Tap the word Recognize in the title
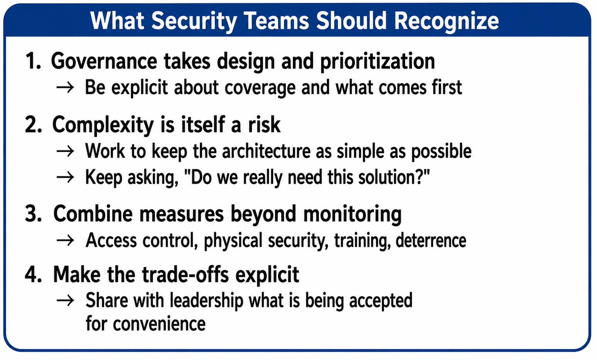[447, 21]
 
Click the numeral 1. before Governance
[33, 61]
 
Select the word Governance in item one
[104, 61]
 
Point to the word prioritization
[377, 62]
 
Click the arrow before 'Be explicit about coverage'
[65, 88]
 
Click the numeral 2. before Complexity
[34, 125]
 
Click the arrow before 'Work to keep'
[65, 151]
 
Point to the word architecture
[266, 151]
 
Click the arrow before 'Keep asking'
[65, 177]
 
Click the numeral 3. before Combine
[34, 214]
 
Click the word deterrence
[431, 240]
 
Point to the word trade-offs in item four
[185, 275]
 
